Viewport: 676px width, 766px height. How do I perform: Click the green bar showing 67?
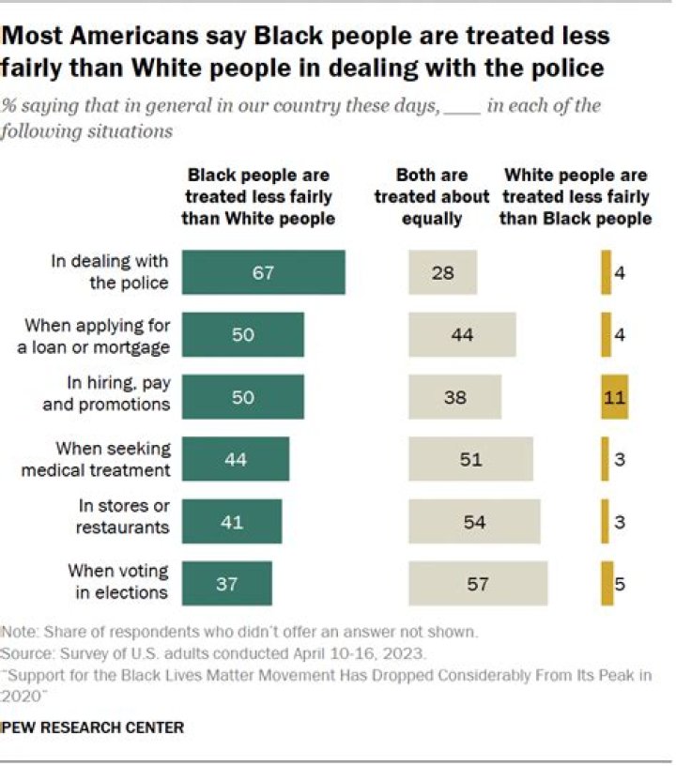click(x=263, y=272)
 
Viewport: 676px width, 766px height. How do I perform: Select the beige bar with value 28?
click(x=442, y=272)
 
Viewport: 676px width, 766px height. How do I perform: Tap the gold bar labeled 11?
click(x=614, y=397)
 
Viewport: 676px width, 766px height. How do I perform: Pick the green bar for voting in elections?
click(x=226, y=583)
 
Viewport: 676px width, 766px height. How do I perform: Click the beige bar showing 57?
click(x=478, y=583)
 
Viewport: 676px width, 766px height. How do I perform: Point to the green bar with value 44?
click(x=236, y=459)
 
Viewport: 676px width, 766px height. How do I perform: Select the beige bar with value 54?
click(x=474, y=521)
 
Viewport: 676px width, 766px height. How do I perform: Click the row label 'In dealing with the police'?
click(x=109, y=272)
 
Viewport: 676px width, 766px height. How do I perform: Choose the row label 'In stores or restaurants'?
click(x=124, y=521)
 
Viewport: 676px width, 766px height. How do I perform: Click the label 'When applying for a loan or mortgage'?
click(x=98, y=335)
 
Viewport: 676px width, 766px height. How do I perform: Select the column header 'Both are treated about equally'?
click(x=432, y=196)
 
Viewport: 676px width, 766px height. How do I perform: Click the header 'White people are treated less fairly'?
click(x=576, y=196)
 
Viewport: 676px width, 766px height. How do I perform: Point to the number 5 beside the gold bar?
click(x=620, y=584)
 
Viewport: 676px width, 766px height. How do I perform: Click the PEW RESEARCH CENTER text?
click(x=93, y=728)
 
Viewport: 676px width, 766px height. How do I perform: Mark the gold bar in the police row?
click(x=606, y=272)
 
